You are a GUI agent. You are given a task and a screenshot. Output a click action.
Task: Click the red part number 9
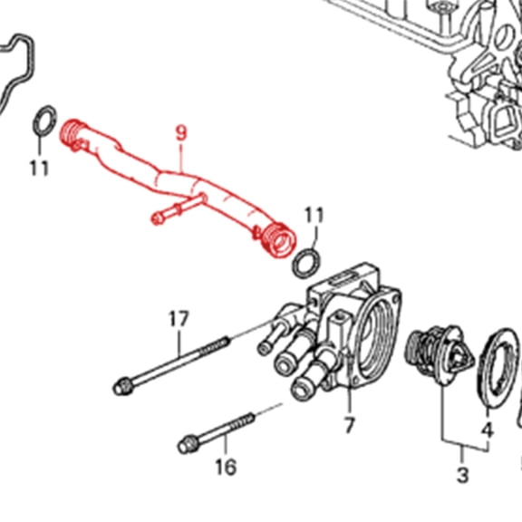pyautogui.click(x=181, y=132)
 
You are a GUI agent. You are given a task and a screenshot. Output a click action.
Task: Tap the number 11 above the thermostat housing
pyautogui.click(x=314, y=215)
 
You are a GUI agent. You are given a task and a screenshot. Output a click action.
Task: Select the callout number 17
pyautogui.click(x=179, y=318)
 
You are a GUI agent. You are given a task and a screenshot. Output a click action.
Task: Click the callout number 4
pyautogui.click(x=487, y=429)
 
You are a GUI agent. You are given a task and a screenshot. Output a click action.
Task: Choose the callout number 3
pyautogui.click(x=462, y=475)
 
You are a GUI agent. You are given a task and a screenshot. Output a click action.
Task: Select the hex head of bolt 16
pyautogui.click(x=188, y=445)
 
